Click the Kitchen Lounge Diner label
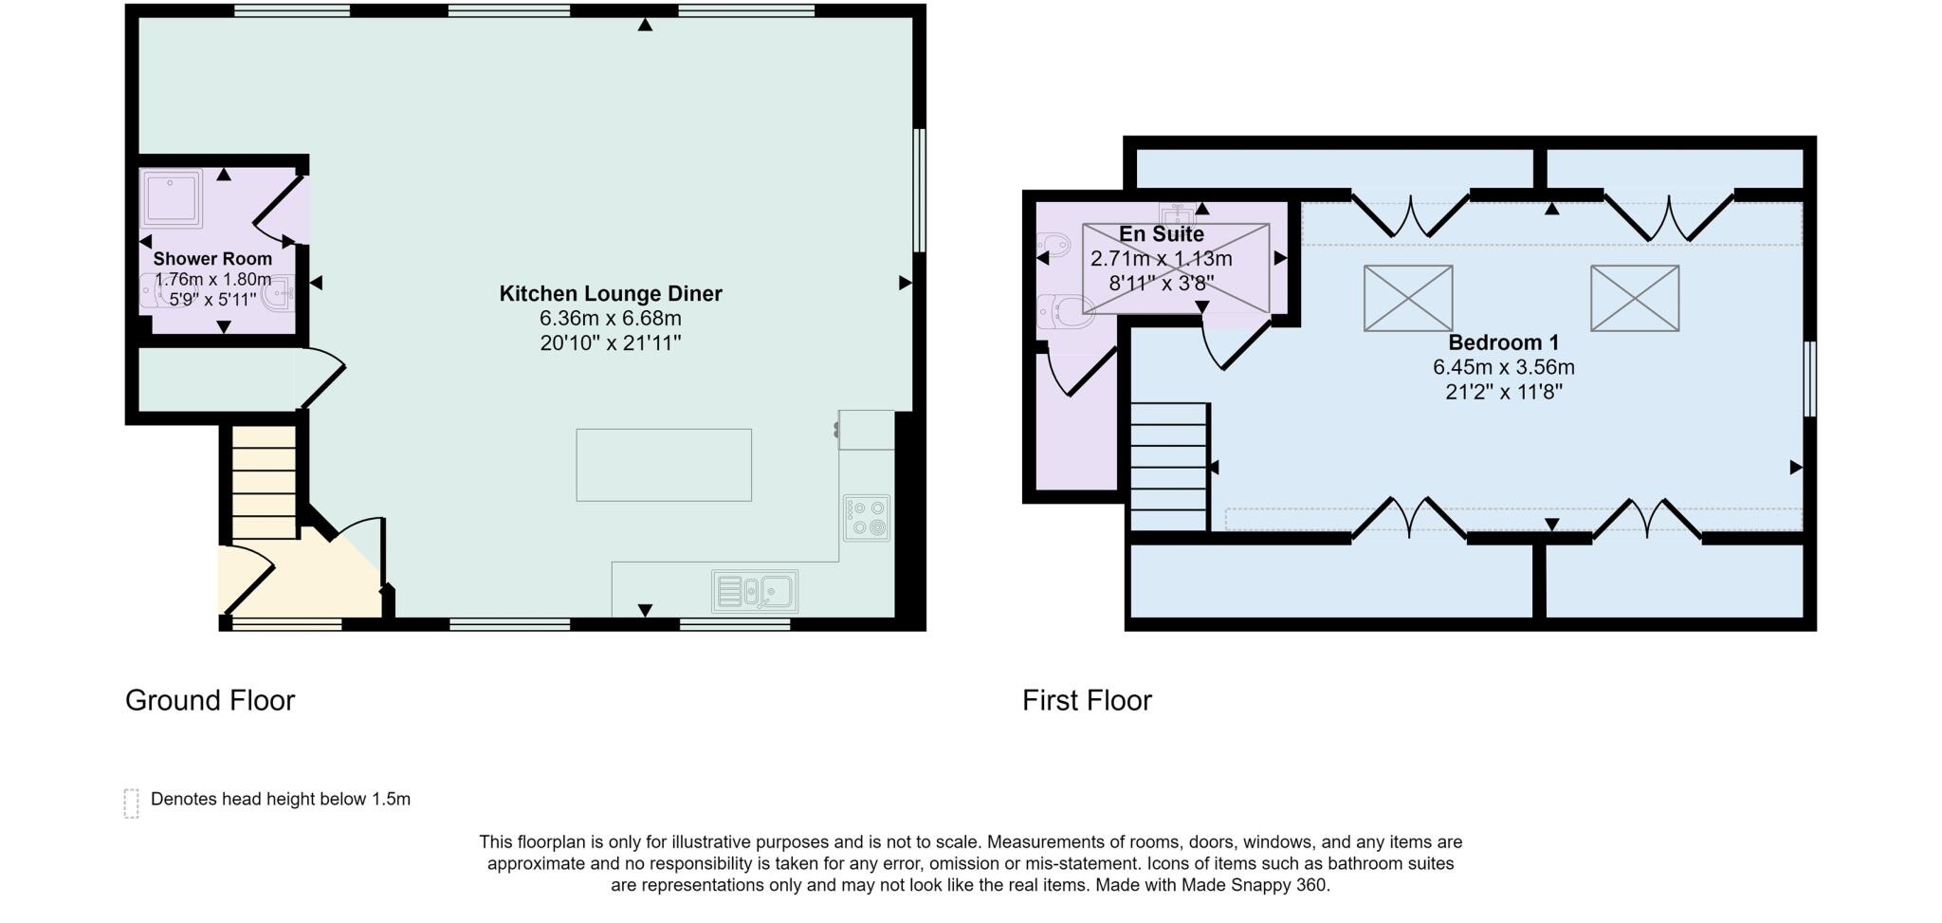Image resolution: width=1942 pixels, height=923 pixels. click(x=611, y=294)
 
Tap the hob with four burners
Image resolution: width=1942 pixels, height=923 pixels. click(x=867, y=518)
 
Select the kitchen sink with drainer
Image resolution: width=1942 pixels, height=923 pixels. click(x=755, y=592)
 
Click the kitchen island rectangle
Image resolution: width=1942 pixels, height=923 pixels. click(x=664, y=465)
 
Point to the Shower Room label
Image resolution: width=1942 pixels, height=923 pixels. click(x=212, y=259)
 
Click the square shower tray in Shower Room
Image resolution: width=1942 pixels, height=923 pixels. click(x=172, y=198)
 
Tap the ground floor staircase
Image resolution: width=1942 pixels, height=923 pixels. click(x=265, y=483)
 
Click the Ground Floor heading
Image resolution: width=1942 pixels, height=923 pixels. click(x=210, y=701)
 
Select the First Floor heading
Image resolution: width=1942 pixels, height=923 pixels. click(x=1087, y=701)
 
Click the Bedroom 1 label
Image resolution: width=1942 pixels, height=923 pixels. click(x=1503, y=342)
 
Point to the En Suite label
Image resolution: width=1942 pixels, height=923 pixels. click(x=1161, y=234)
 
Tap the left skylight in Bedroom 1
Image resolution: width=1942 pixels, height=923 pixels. click(x=1408, y=298)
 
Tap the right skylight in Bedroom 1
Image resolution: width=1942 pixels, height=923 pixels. click(x=1635, y=298)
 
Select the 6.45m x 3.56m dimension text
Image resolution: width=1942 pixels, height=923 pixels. click(x=1503, y=367)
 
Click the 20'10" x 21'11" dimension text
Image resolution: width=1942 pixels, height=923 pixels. click(x=611, y=343)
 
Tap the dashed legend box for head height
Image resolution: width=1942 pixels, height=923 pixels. click(x=132, y=803)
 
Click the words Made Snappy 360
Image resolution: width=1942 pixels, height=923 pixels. click(x=1254, y=886)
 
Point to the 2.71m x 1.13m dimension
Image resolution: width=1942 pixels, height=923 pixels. click(x=1161, y=259)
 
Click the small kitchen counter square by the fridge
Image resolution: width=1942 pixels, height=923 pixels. click(x=866, y=430)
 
